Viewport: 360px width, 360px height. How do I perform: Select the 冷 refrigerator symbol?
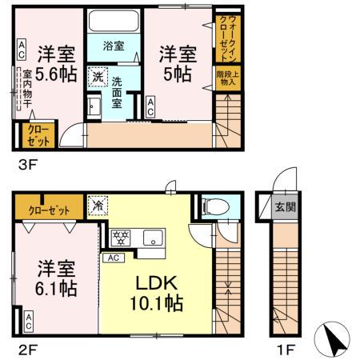[x=96, y=205]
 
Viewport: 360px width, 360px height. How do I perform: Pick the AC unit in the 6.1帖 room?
[x=29, y=323]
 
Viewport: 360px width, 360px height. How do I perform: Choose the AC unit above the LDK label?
[x=114, y=258]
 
